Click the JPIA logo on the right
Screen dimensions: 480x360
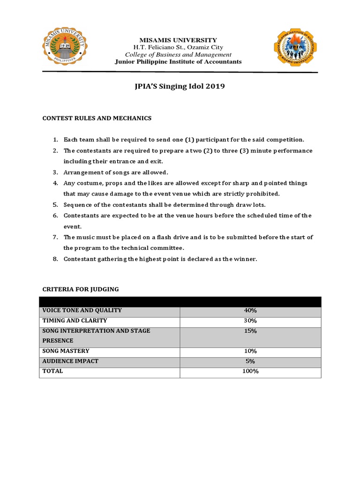click(295, 47)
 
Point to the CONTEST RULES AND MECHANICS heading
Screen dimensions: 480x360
click(97, 118)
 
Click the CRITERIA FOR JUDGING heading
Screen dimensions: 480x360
click(81, 289)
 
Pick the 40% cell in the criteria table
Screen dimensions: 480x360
click(250, 310)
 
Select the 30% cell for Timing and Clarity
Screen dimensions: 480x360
click(250, 321)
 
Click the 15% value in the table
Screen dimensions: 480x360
click(250, 331)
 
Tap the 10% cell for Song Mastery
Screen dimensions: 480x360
click(250, 351)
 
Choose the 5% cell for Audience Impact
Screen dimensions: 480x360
click(250, 361)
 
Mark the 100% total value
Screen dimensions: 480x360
click(250, 371)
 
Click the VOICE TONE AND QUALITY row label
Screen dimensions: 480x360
click(82, 310)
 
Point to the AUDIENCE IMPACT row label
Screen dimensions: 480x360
click(70, 361)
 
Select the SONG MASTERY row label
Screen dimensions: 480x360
click(66, 351)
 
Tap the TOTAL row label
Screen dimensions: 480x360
click(52, 371)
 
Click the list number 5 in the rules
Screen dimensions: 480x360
click(55, 205)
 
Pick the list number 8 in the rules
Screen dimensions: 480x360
click(55, 259)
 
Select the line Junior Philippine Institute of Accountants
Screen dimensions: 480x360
click(178, 62)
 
